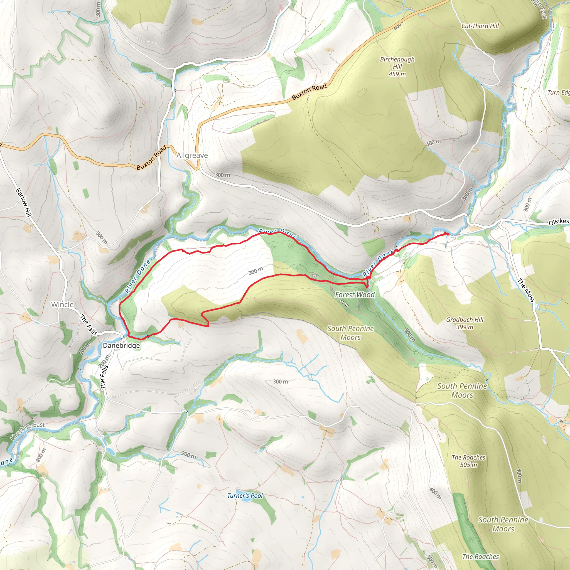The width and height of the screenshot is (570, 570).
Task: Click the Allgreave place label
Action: coord(192,156)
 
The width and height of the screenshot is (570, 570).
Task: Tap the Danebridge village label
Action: coord(121,345)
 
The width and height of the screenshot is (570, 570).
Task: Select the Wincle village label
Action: coord(62,304)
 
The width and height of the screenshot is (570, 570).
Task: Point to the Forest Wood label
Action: coord(355,295)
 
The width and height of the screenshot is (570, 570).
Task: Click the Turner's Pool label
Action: coord(245,496)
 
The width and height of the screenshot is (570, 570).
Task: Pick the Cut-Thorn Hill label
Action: coord(480,26)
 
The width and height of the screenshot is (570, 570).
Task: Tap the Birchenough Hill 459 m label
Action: coord(397,67)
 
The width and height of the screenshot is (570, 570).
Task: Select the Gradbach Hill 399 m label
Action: coord(465,323)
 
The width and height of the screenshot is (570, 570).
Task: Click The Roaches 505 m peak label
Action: coord(468,461)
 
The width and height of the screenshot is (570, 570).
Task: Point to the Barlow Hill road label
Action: coord(23,202)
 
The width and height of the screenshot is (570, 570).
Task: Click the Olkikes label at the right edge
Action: coord(559,222)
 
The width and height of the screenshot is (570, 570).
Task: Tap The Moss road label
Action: coord(526,291)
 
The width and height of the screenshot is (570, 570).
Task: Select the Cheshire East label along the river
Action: coord(28,431)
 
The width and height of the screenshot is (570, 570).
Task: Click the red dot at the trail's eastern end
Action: coord(446,234)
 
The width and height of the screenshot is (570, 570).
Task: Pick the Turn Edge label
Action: coord(558,92)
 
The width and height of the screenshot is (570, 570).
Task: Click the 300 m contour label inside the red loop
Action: coord(255,271)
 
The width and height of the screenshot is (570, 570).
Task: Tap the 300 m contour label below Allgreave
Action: coord(222,175)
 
